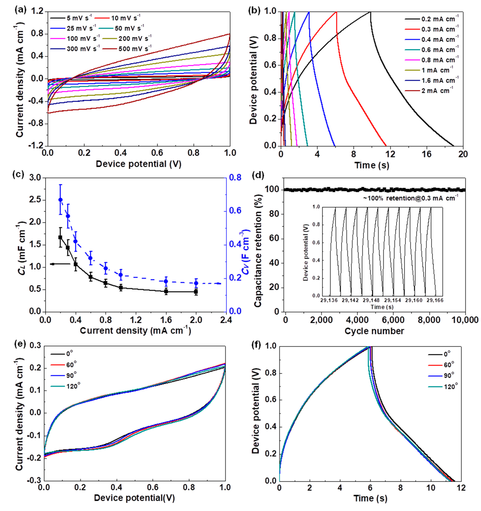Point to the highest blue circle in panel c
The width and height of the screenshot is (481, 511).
pyautogui.click(x=60, y=200)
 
